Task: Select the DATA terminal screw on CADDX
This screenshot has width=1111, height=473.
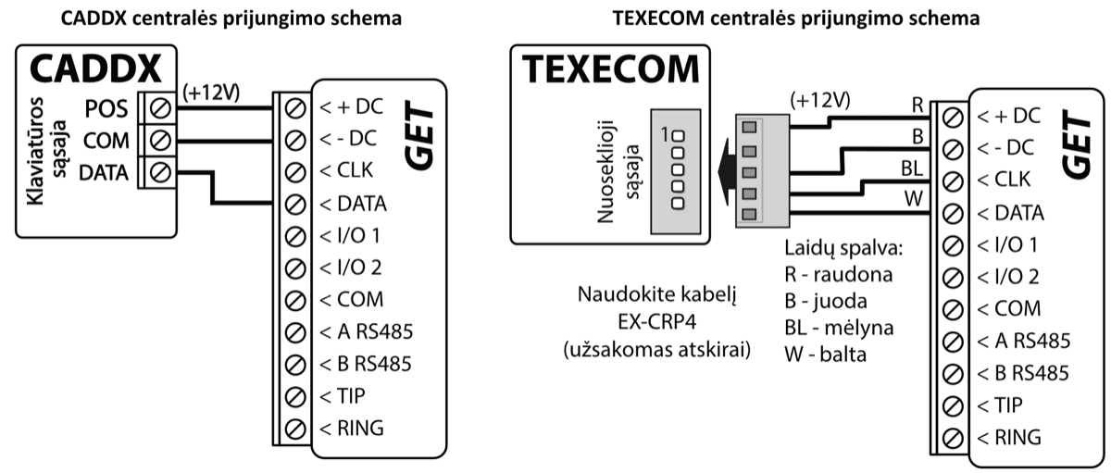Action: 158,172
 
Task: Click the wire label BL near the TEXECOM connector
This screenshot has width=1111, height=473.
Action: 909,168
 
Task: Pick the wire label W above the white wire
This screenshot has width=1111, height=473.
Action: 913,198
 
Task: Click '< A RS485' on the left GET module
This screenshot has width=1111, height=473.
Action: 366,330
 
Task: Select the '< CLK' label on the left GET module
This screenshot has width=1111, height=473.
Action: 347,170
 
